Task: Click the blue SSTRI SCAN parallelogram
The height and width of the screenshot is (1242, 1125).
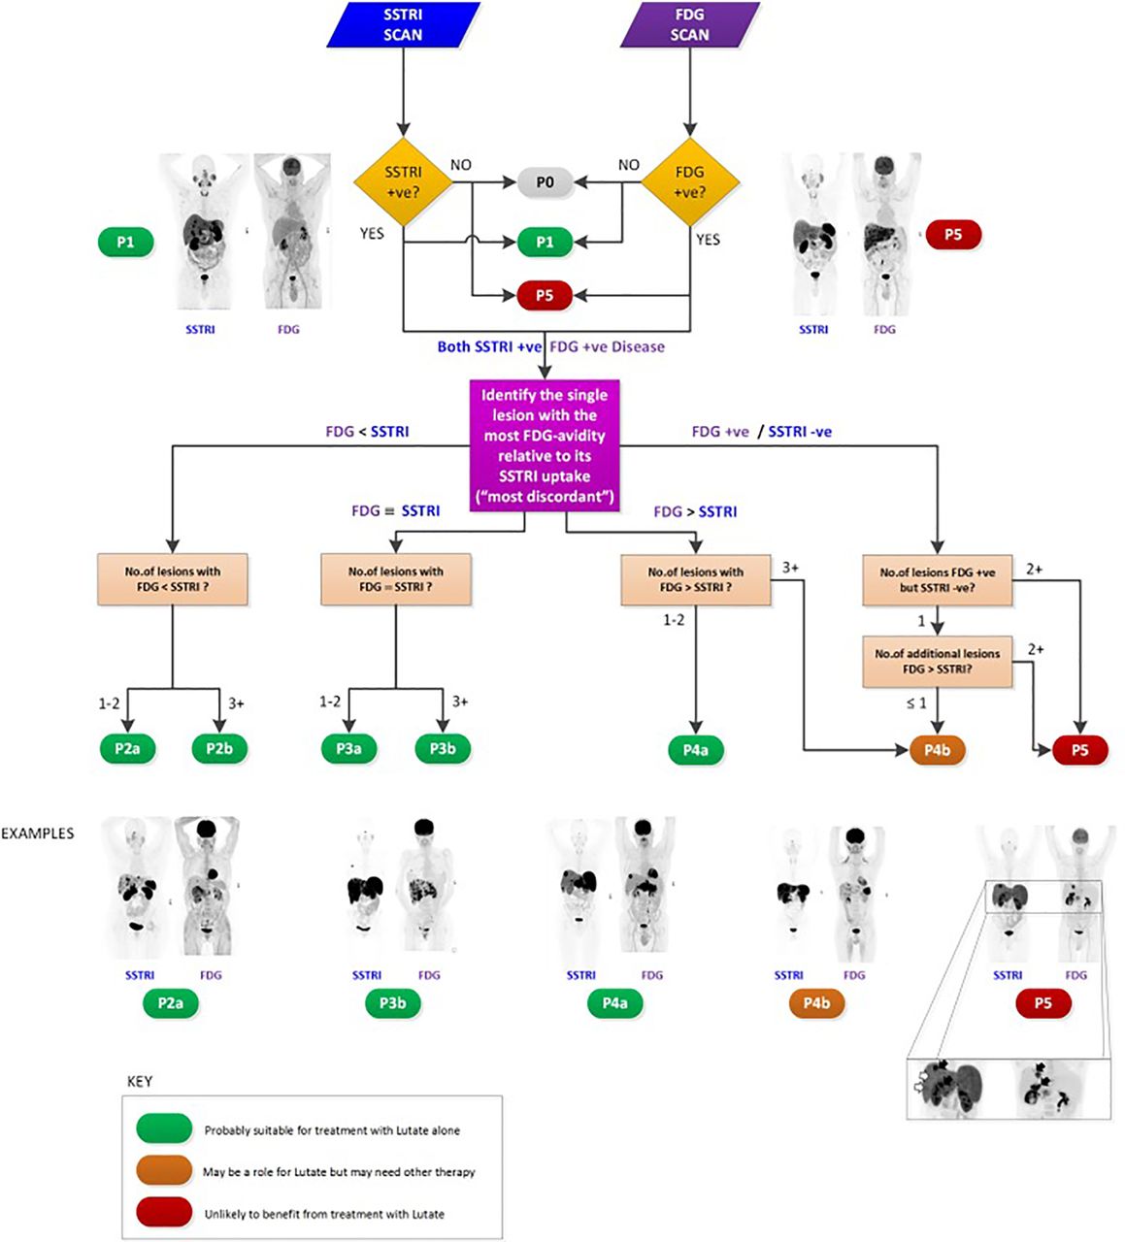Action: (403, 24)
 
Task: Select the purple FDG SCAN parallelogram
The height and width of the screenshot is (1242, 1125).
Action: (689, 24)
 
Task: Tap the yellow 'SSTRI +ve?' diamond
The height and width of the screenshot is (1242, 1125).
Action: (403, 182)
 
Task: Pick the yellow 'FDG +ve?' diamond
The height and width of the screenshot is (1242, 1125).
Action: (689, 182)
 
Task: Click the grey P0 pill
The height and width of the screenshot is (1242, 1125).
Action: (546, 182)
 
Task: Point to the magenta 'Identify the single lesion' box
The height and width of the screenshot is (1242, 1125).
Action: (545, 445)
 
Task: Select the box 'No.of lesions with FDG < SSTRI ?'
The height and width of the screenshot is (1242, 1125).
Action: (172, 579)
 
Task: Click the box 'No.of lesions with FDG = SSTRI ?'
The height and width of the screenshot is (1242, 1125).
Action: (396, 579)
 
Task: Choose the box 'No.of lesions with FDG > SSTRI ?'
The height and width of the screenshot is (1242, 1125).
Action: (696, 579)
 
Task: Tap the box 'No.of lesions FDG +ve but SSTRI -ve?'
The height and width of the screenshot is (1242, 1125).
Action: (938, 579)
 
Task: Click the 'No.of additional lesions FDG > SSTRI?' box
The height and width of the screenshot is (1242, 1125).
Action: (938, 661)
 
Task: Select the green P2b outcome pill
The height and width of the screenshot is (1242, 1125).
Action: (219, 748)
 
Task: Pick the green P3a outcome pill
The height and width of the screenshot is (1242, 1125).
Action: (348, 748)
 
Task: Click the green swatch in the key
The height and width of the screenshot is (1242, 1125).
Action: (164, 1128)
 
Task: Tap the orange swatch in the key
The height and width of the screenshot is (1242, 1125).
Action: (164, 1169)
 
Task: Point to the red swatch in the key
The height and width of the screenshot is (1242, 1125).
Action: (164, 1212)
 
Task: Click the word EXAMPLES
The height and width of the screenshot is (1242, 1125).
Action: (37, 833)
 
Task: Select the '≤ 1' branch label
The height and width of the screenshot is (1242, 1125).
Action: (915, 703)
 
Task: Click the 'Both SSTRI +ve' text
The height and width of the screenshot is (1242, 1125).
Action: (489, 346)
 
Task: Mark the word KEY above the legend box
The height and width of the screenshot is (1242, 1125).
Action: (140, 1082)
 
